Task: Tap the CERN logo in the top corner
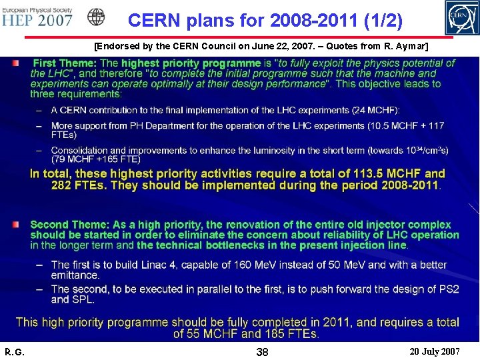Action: pos(461,18)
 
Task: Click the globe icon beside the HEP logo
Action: pos(97,17)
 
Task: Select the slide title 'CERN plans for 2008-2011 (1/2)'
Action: pos(265,21)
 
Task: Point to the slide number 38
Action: pos(262,351)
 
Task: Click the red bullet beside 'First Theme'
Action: pos(15,63)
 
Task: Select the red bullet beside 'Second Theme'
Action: pos(15,226)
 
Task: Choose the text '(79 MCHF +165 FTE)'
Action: pos(95,159)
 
